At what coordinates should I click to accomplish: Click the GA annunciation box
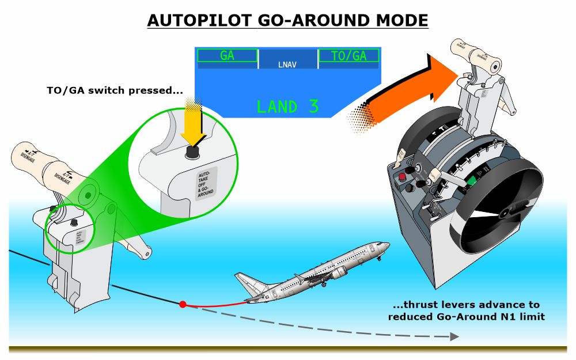(227, 56)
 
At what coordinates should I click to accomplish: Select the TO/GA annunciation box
(349, 56)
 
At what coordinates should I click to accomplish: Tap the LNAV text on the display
(287, 65)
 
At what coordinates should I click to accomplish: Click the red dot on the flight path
(183, 304)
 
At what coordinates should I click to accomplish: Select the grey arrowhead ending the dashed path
(454, 336)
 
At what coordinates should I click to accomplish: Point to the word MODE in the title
(401, 21)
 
